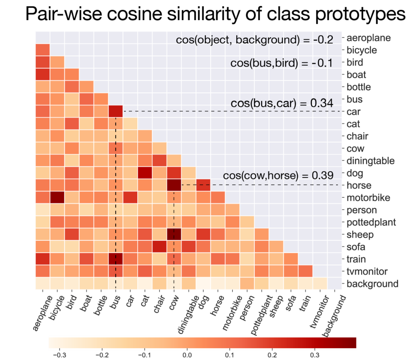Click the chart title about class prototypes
215,14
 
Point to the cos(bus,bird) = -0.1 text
281,63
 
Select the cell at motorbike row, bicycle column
57,198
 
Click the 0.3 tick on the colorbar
315,354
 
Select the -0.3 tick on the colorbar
59,354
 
